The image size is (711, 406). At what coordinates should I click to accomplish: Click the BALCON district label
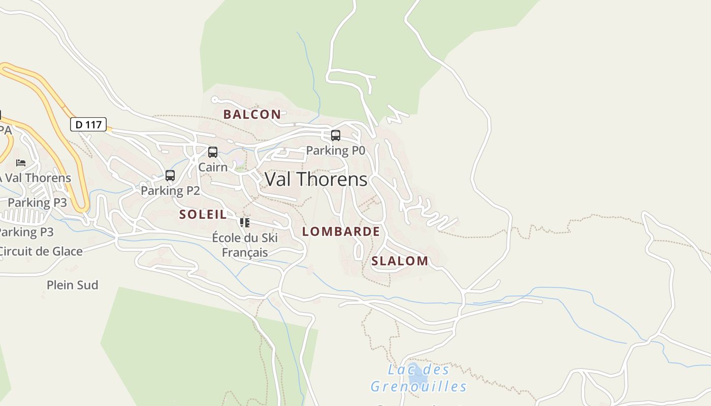pyautogui.click(x=252, y=114)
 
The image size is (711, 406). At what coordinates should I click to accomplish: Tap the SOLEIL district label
pyautogui.click(x=203, y=214)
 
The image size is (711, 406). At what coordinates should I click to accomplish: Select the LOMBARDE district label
pyautogui.click(x=341, y=231)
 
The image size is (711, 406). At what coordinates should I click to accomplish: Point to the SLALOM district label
pyautogui.click(x=400, y=261)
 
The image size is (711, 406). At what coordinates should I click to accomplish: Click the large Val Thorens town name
pyautogui.click(x=316, y=179)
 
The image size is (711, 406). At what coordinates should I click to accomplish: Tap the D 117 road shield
pyautogui.click(x=88, y=124)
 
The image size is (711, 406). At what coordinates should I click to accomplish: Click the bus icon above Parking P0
pyautogui.click(x=336, y=136)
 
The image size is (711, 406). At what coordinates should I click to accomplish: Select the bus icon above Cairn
pyautogui.click(x=213, y=152)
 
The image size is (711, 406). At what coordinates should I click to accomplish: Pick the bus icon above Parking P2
pyautogui.click(x=170, y=176)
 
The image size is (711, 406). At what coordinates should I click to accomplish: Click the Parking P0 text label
pyautogui.click(x=336, y=151)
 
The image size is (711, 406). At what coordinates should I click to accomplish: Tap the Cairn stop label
pyautogui.click(x=213, y=167)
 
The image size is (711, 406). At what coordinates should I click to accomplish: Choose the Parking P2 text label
pyautogui.click(x=170, y=191)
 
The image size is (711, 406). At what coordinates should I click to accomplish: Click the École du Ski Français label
pyautogui.click(x=245, y=245)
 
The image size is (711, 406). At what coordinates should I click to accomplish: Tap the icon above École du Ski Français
pyautogui.click(x=245, y=223)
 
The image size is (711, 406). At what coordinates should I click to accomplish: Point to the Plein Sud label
pyautogui.click(x=72, y=285)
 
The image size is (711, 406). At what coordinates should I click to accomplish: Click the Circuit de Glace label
pyautogui.click(x=41, y=251)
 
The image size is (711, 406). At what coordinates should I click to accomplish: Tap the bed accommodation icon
pyautogui.click(x=21, y=163)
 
